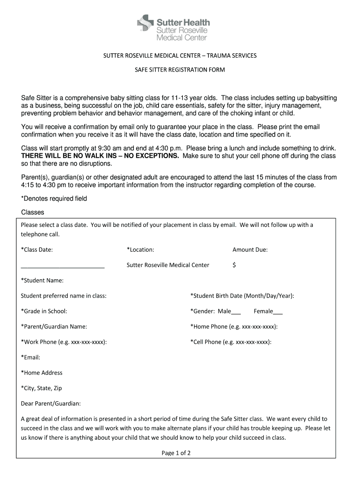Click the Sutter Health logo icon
pos(145,23)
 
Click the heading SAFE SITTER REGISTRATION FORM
pos(180,70)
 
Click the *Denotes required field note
pos(54,198)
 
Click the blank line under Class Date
pos(63,267)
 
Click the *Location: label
pos(140,250)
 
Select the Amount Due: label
pos(250,250)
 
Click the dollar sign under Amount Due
pos(234,265)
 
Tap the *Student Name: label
pos(42,281)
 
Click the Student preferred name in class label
pos(64,296)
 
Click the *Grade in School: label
pos(44,312)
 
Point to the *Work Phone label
pos(64,342)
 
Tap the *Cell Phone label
pos(231,342)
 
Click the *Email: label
pos(31,357)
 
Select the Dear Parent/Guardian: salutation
pos(51,403)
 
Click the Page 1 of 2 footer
pos(176,453)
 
